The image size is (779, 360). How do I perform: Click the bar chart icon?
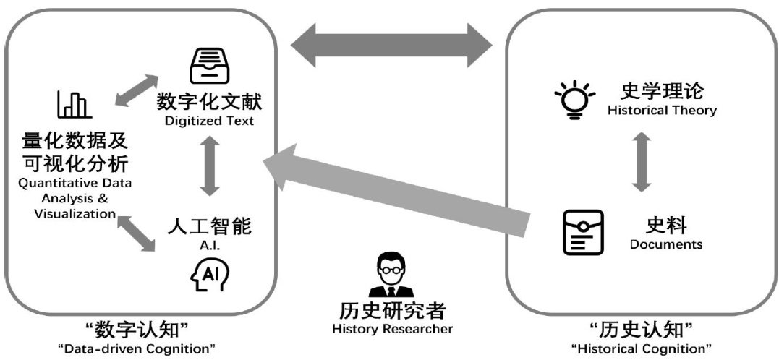[x=74, y=104]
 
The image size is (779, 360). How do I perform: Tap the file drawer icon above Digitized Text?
[x=209, y=66]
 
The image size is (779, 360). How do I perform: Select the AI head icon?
[x=209, y=274]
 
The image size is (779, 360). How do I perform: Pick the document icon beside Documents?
[x=583, y=231]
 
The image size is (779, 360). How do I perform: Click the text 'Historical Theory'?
[x=662, y=111]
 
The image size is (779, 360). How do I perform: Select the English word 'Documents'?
[x=665, y=244]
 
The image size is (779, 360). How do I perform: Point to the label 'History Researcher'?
[x=392, y=329]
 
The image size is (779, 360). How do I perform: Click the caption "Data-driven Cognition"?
[x=137, y=349]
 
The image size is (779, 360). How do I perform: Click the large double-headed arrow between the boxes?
[x=391, y=46]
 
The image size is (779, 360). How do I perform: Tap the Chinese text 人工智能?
[x=210, y=226]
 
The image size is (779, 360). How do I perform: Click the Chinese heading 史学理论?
[x=662, y=91]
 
